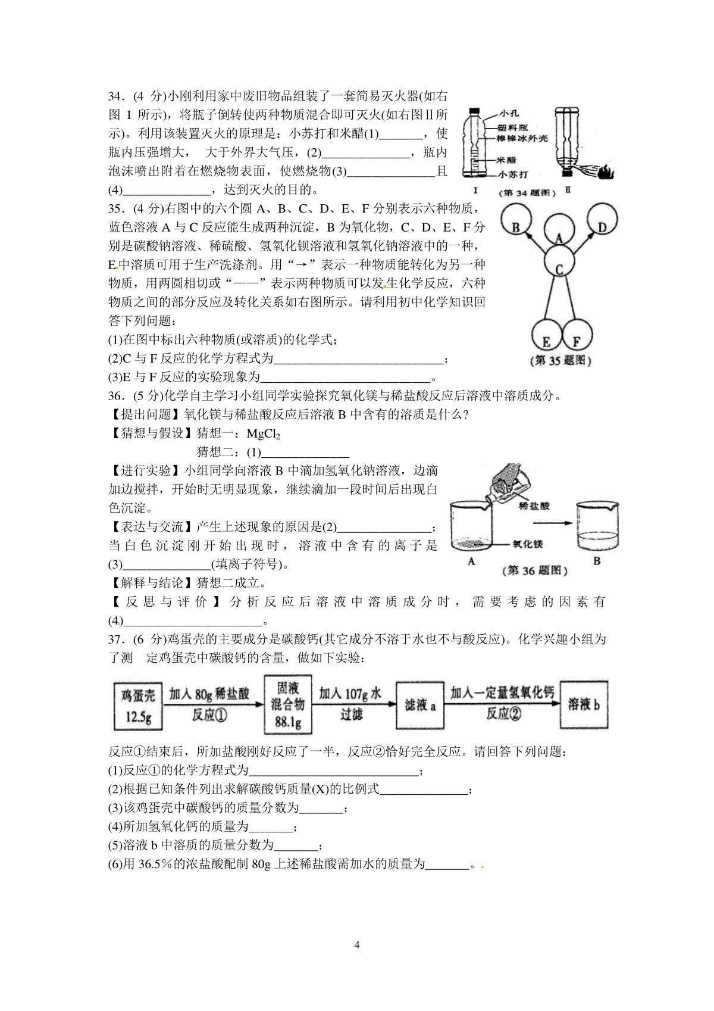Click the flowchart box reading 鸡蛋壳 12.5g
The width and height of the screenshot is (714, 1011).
138,706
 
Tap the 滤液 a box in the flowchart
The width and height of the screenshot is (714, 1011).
420,706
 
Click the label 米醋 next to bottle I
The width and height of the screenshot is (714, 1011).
506,160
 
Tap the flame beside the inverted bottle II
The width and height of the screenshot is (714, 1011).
606,173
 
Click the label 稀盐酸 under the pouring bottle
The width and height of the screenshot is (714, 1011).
534,506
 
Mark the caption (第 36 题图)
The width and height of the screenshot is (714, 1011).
534,571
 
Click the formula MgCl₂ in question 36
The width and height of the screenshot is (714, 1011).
264,434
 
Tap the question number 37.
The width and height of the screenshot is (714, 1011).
117,639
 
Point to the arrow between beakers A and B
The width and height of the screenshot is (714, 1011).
552,523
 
